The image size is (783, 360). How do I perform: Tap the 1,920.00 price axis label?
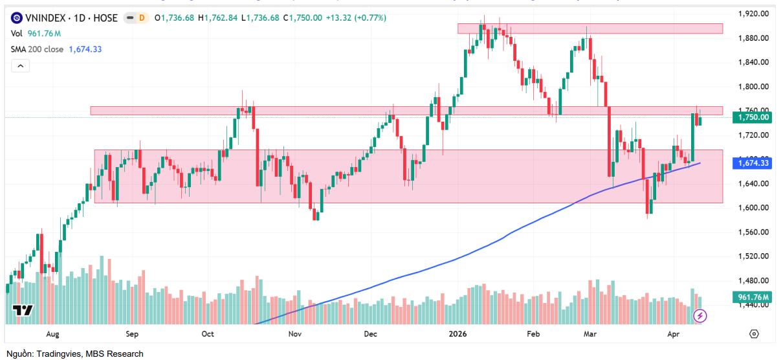pos(754,14)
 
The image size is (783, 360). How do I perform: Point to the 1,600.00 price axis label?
pos(754,208)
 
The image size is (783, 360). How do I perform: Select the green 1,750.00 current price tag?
pos(754,117)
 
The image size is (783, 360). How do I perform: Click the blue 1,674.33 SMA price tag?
pos(754,164)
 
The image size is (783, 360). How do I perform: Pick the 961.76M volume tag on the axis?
pos(754,297)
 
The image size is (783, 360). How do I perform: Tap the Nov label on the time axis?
pos(294,334)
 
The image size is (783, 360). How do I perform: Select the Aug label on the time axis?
pos(53,334)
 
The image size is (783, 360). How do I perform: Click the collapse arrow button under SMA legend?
pos(20,65)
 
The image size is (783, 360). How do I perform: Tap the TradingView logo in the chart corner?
pos(23,310)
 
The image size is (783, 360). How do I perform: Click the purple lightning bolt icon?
pos(700,316)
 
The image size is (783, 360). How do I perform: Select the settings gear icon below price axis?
pos(754,334)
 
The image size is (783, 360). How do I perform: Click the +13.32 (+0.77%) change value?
pos(355,18)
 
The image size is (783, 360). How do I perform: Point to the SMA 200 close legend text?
pos(37,49)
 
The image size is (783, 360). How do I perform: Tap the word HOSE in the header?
pos(105,18)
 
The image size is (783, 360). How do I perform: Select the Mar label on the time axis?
pos(590,334)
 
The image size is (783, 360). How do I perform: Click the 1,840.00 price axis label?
pos(754,62)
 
